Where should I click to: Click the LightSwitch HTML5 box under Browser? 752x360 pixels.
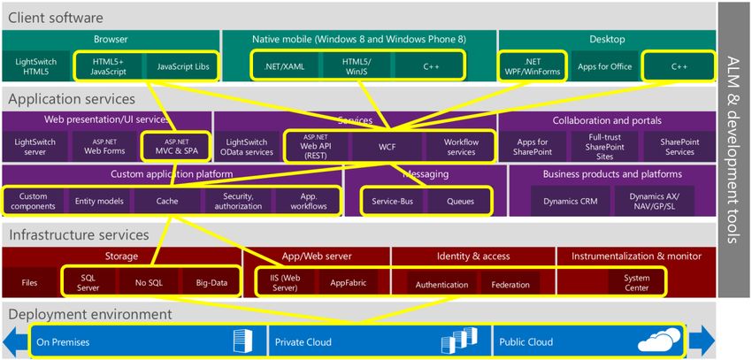pyautogui.click(x=36, y=66)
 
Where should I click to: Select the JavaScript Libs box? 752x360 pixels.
pyautogui.click(x=183, y=66)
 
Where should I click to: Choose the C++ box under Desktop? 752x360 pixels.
pyautogui.click(x=679, y=66)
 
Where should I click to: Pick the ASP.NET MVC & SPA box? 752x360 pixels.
pyautogui.click(x=177, y=147)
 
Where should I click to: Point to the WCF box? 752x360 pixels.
pyautogui.click(x=387, y=147)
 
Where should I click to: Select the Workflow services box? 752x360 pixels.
pyautogui.click(x=459, y=147)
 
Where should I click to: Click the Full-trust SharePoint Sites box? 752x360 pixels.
pyautogui.click(x=605, y=147)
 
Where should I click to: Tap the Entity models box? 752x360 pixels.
pyautogui.click(x=99, y=202)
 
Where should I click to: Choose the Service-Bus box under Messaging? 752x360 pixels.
pyautogui.click(x=392, y=202)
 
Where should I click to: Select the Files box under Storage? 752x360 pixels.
pyautogui.click(x=30, y=283)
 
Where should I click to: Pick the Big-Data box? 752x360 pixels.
pyautogui.click(x=211, y=283)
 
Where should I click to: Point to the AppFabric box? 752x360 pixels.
pyautogui.click(x=349, y=283)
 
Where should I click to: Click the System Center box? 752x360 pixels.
pyautogui.click(x=636, y=283)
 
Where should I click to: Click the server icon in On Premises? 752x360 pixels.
pyautogui.click(x=242, y=341)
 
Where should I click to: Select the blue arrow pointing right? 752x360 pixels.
pyautogui.click(x=702, y=341)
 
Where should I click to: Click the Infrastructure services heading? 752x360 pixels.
pyautogui.click(x=79, y=235)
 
